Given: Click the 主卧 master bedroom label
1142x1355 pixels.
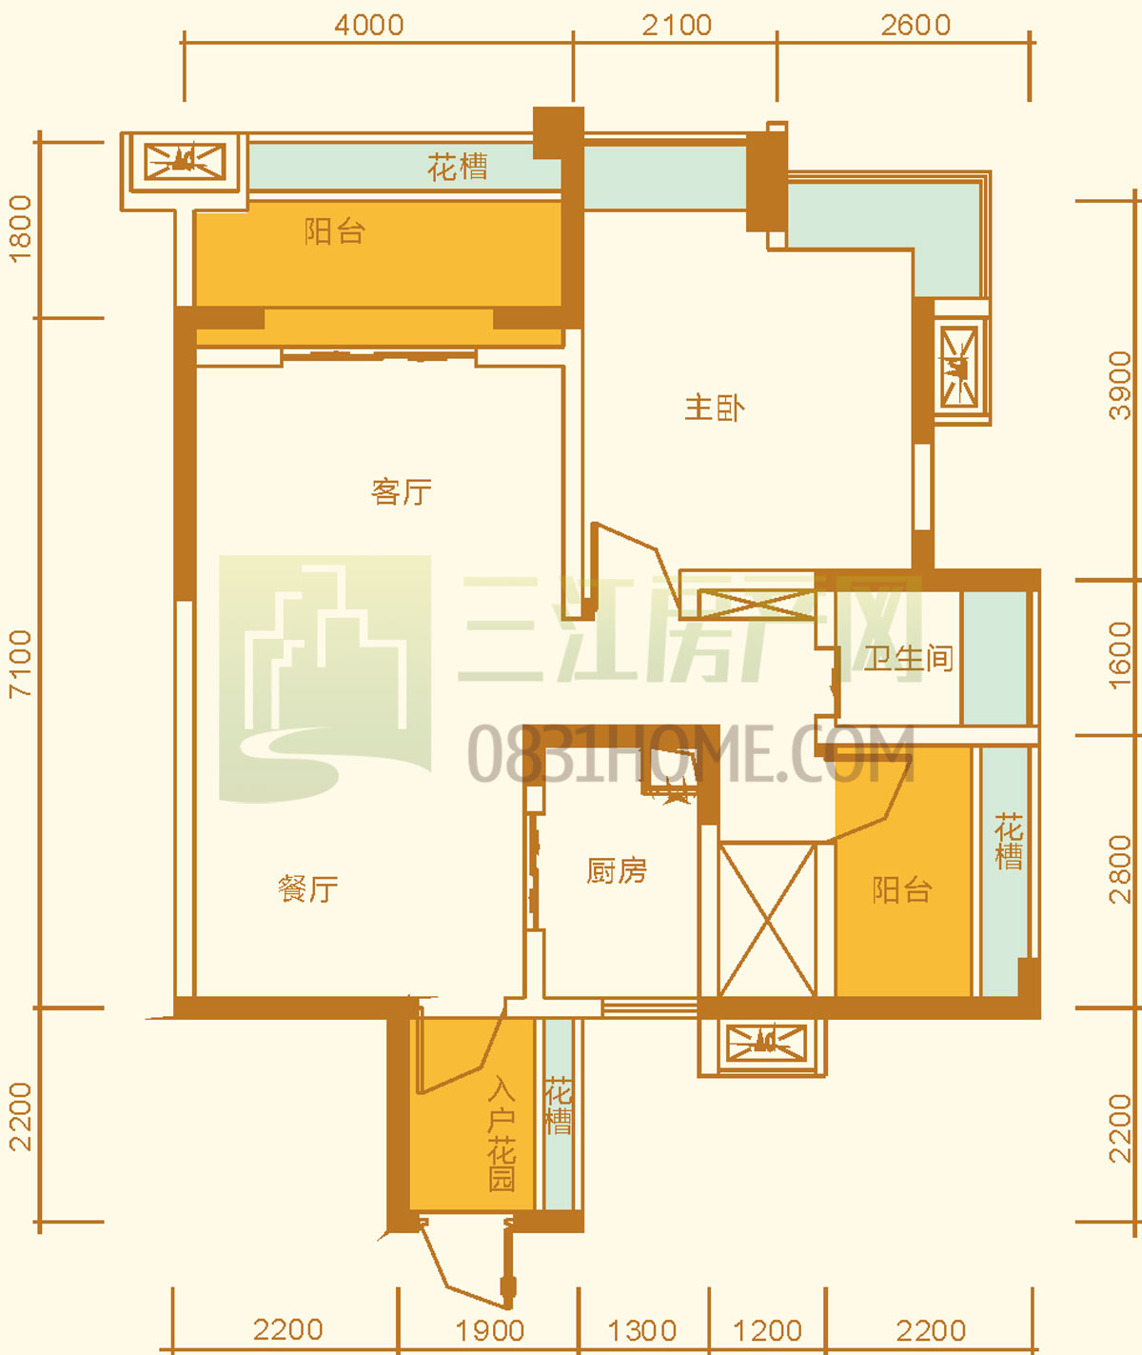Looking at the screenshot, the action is (x=715, y=408).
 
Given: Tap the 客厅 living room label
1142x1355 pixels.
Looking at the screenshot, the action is (x=402, y=492).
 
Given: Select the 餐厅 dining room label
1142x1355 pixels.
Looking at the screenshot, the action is (x=308, y=888).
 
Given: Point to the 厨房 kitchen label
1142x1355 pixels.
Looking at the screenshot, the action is (x=617, y=871).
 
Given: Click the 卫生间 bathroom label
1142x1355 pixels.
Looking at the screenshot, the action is (x=909, y=659).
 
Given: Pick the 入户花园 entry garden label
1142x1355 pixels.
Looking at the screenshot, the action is (x=502, y=1133).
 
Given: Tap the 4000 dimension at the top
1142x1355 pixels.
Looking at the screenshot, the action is (x=369, y=26).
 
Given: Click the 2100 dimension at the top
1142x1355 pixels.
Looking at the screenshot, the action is (x=677, y=26).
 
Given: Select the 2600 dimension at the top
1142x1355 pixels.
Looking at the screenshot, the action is (x=916, y=26).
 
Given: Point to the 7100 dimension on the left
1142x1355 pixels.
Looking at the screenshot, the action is (x=20, y=664).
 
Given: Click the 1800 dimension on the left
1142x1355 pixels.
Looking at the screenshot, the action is (x=20, y=229).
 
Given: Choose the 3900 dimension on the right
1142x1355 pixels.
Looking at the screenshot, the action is (x=1120, y=386).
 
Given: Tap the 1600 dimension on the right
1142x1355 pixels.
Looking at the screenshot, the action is (x=1120, y=656).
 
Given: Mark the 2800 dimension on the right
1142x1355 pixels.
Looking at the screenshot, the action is (x=1120, y=869).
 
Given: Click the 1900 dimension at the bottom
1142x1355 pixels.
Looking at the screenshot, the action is (x=489, y=1331).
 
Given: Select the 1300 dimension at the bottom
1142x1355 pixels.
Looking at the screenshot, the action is (x=642, y=1331).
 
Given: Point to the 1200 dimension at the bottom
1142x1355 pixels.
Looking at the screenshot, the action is (x=767, y=1331).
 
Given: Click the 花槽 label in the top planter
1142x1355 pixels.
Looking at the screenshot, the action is (x=457, y=168).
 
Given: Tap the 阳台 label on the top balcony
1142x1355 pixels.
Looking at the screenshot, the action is (x=335, y=231).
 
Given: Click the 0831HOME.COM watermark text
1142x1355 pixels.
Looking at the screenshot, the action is (x=691, y=753).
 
